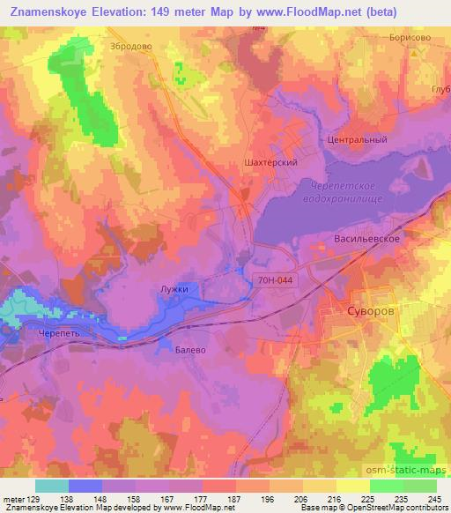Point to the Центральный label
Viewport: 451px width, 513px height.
[x=358, y=139]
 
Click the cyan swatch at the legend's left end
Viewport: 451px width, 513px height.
[x=52, y=486]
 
